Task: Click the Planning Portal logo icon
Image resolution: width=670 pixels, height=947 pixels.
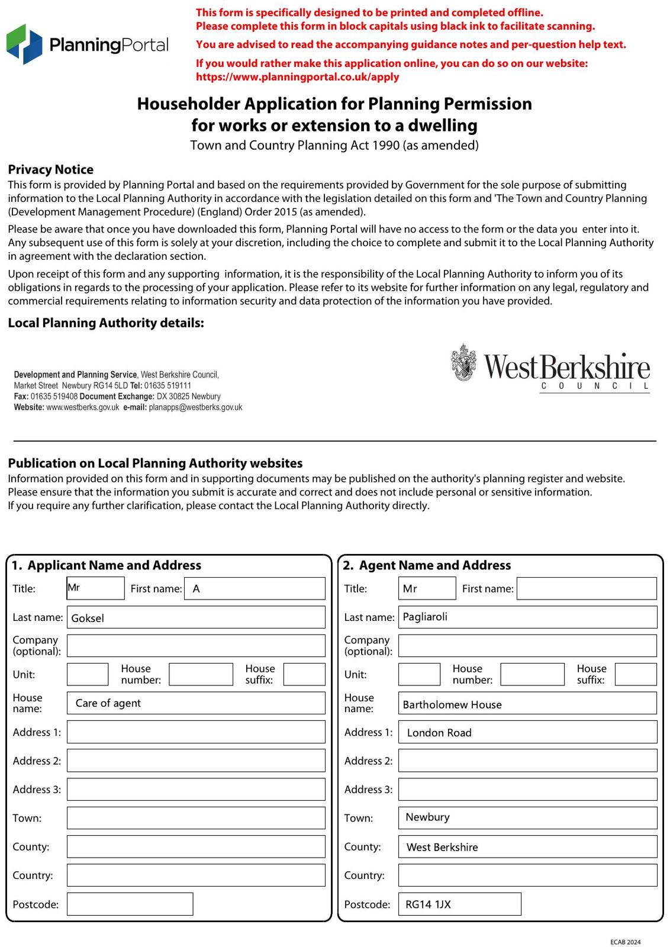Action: point(24,44)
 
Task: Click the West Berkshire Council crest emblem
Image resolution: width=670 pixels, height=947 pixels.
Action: point(463,362)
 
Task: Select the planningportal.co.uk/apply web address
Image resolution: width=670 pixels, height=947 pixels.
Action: point(297,77)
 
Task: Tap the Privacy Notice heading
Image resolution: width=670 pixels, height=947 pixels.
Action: point(50,170)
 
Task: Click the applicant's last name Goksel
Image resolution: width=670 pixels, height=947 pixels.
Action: point(88,618)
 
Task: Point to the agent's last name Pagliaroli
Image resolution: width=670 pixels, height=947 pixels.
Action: point(425,617)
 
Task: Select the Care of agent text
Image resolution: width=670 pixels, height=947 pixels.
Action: point(108,703)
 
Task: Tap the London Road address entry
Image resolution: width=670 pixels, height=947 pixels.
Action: point(439,733)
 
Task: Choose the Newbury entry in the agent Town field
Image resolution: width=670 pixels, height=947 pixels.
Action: point(427,817)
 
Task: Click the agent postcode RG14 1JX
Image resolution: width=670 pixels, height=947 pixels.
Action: point(428,904)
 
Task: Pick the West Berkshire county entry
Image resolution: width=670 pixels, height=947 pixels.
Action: point(442,847)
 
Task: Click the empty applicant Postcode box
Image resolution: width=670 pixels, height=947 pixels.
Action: point(130,904)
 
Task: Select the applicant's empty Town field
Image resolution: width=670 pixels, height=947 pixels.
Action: point(196,818)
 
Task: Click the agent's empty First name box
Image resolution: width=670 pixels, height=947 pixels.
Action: point(587,588)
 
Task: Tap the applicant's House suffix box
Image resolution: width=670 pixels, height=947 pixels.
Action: point(304,674)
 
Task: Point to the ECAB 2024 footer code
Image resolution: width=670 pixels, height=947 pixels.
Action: point(625,942)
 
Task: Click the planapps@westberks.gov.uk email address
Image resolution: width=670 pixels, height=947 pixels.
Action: point(195,407)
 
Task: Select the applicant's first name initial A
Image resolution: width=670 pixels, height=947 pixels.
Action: point(197,589)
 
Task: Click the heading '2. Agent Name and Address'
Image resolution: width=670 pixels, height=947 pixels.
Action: point(427,565)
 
